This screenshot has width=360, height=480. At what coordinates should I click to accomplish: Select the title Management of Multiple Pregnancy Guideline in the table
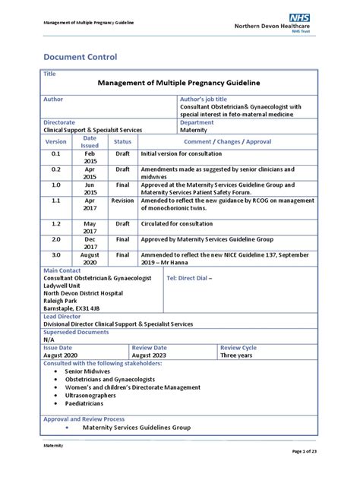[x=179, y=82]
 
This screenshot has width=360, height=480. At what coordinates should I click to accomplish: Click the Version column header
[x=55, y=141]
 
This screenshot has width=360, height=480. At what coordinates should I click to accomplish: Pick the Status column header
[x=122, y=141]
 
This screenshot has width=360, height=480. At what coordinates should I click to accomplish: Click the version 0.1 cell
[x=55, y=153]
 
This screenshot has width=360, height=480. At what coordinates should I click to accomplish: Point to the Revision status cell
[x=122, y=201]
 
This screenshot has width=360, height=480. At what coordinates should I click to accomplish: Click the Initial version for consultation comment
[x=189, y=153]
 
